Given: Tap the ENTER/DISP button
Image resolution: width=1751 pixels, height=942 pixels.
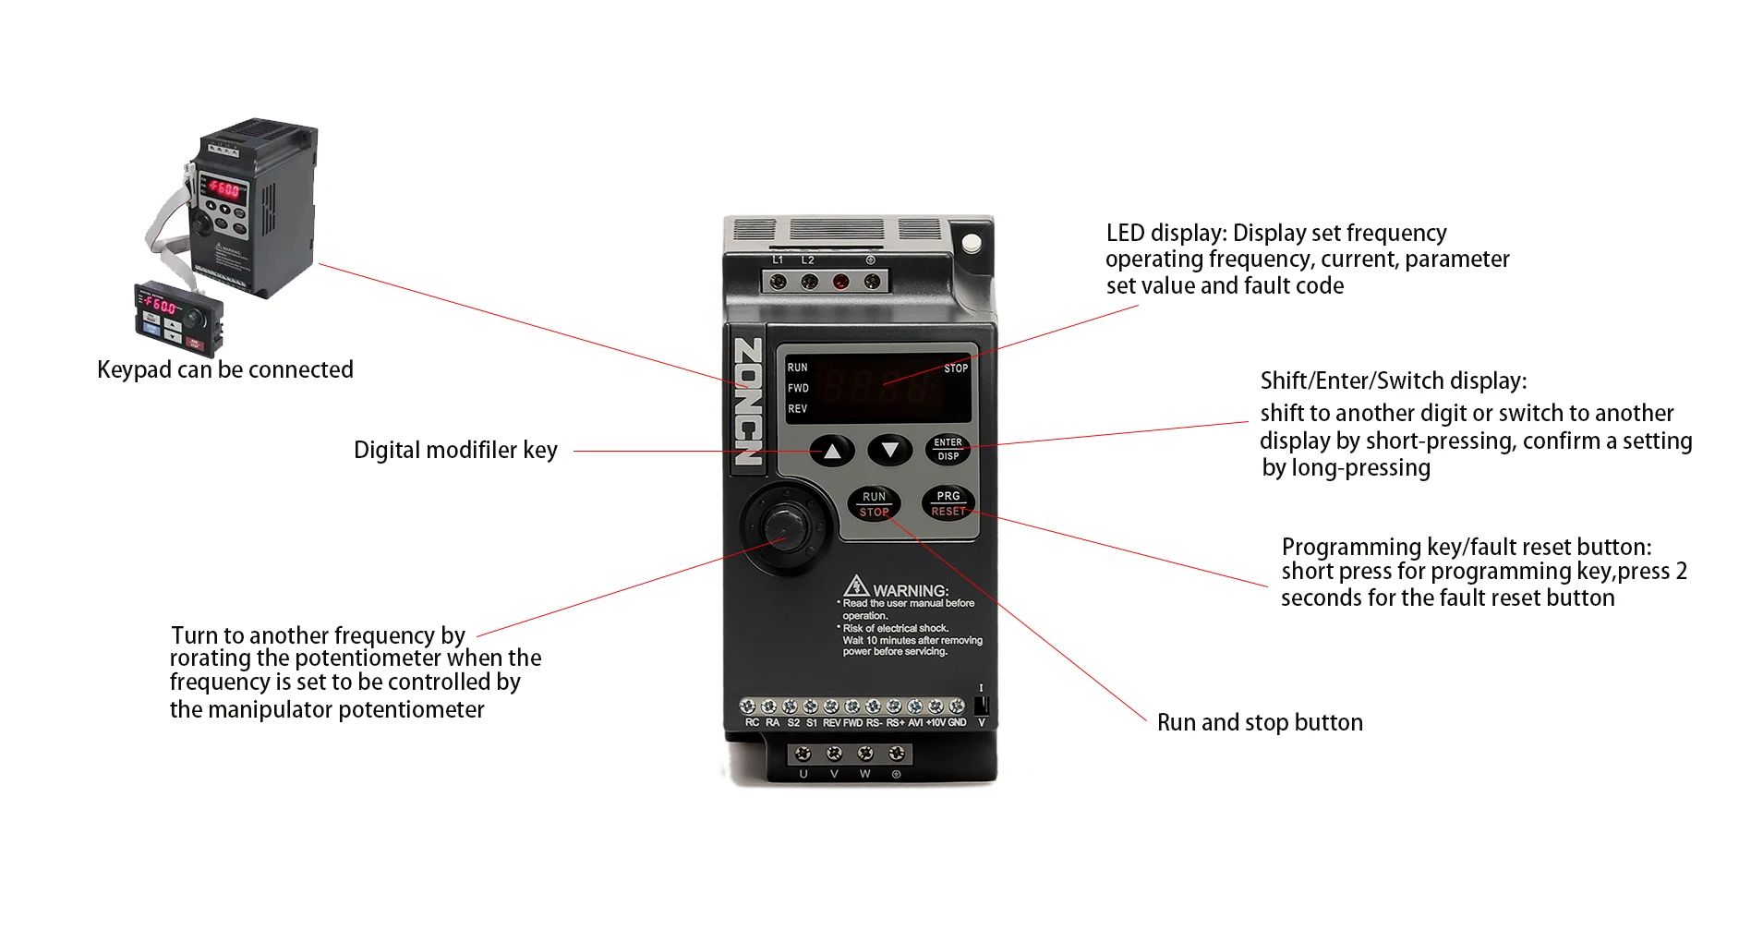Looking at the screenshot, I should tap(948, 449).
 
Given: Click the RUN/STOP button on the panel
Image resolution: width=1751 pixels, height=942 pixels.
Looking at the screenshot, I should tap(874, 503).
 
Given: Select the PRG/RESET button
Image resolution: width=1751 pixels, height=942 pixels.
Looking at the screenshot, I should tap(948, 503).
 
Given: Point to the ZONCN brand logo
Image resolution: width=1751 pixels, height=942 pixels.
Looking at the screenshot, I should tap(748, 401).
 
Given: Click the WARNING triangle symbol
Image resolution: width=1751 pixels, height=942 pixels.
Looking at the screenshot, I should tap(856, 586).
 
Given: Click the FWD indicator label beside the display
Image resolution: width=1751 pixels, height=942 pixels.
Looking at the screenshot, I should tap(798, 388).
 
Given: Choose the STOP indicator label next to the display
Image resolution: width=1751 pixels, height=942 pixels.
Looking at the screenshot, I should tap(956, 368).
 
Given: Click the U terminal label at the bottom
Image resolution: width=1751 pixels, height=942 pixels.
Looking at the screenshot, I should tap(803, 774).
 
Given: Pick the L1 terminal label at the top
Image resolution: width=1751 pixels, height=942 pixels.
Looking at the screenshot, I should tap(778, 260).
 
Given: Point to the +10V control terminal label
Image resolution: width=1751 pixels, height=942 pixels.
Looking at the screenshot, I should tap(936, 722).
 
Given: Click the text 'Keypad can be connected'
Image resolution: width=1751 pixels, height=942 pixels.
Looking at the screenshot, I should tap(225, 369).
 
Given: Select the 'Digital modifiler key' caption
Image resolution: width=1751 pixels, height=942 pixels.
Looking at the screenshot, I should tap(455, 450).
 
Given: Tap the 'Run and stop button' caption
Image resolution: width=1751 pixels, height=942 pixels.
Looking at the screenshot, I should tap(1260, 722).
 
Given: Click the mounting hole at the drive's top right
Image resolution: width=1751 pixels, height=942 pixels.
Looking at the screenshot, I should tap(972, 243).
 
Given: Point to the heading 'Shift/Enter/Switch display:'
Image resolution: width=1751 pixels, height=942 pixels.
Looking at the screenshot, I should tap(1394, 380).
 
